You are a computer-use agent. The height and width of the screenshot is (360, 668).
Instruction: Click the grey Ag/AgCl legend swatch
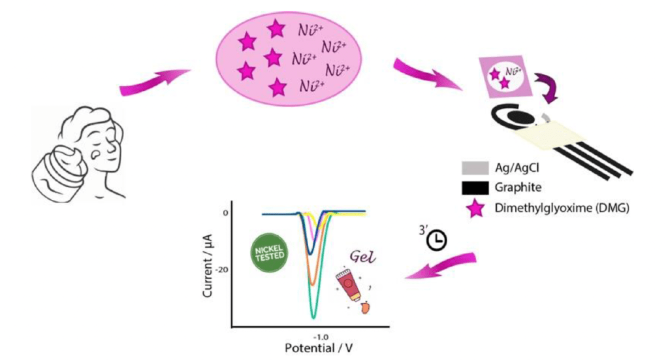point(476,168)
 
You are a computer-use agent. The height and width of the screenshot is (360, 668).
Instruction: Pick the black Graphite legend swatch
point(476,188)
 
